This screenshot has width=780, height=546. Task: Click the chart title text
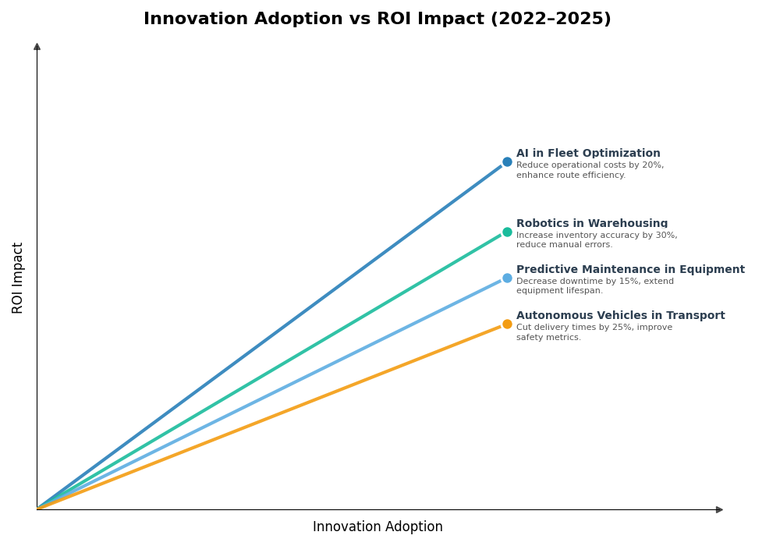[377, 19]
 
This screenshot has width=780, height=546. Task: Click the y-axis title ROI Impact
[18, 278]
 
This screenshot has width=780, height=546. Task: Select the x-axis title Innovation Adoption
[378, 527]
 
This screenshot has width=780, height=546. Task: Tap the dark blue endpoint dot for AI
[507, 162]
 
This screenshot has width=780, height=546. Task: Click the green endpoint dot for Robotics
[507, 232]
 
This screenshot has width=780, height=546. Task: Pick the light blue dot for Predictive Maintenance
[507, 278]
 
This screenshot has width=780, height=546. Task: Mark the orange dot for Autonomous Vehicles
[507, 324]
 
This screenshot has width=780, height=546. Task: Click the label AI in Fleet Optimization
[588, 154]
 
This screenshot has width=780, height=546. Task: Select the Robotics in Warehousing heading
[592, 224]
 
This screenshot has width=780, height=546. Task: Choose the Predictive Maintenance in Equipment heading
[630, 270]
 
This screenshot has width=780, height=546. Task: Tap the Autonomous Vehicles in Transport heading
[620, 316]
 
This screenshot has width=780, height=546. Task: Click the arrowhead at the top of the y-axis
[37, 47]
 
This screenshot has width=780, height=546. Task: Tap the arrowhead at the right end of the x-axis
[719, 509]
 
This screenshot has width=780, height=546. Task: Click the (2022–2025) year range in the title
[551, 19]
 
